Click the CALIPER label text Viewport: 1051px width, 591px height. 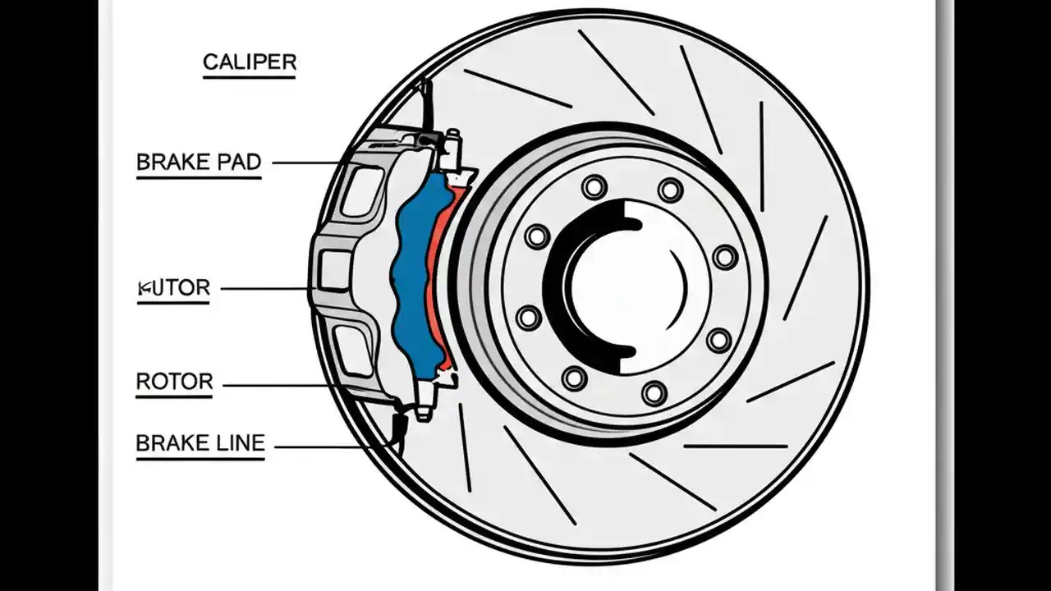[x=250, y=62]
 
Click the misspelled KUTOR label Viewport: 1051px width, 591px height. [x=174, y=288]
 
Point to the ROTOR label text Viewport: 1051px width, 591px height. [x=174, y=382]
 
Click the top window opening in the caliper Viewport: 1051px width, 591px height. [x=362, y=191]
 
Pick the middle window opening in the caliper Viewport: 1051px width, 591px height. [x=335, y=271]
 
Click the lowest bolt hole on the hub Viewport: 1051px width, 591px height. [x=654, y=392]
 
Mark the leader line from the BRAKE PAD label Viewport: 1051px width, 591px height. [x=304, y=163]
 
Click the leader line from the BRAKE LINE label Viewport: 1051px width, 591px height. [x=320, y=447]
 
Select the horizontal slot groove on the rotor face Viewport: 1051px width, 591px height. [x=735, y=447]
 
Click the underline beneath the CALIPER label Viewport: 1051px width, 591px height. [x=250, y=78]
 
